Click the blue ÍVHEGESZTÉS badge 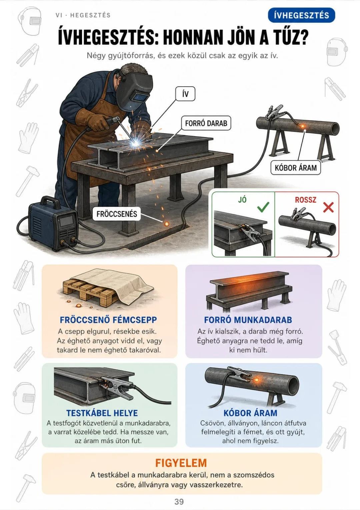coord(301,15)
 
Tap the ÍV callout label coord(185,94)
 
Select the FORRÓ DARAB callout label coord(206,123)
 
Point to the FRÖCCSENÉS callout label coord(117,214)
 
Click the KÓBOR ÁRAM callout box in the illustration coord(296,168)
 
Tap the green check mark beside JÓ coord(263,207)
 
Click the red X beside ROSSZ coord(328,207)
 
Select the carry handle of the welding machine coord(50,201)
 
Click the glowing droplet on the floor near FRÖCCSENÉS coord(167,224)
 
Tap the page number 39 coord(179,502)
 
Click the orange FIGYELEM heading coord(181,463)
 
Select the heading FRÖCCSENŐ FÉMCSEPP coord(108,320)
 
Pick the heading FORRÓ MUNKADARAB coord(248,320)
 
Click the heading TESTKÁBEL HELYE coord(102,413)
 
